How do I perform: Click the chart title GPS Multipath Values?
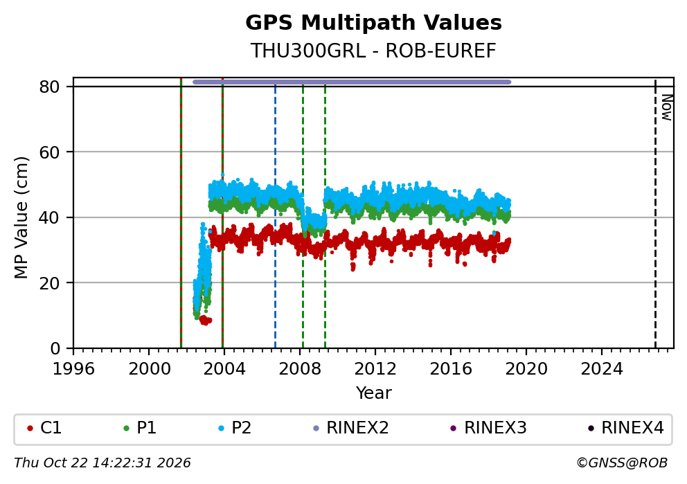click(373, 23)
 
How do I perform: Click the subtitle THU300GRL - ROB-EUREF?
click(373, 51)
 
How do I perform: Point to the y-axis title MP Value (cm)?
click(21, 217)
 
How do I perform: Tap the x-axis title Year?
click(373, 393)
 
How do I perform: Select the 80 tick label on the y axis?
click(49, 87)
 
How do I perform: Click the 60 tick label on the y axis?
click(49, 152)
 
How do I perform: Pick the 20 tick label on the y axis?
click(49, 283)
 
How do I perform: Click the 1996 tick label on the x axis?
click(73, 369)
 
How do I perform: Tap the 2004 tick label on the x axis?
click(224, 369)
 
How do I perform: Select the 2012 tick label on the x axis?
click(375, 369)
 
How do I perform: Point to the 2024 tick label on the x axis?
click(602, 369)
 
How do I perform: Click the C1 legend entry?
click(44, 428)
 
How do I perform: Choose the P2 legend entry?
click(235, 428)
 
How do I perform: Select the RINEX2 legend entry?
click(351, 428)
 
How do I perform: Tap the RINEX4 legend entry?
click(626, 428)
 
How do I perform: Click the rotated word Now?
click(666, 107)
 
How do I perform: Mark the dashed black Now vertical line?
click(655, 214)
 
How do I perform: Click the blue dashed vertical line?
click(275, 217)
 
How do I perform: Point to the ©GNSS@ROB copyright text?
click(622, 463)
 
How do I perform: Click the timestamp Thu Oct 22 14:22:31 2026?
click(102, 463)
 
